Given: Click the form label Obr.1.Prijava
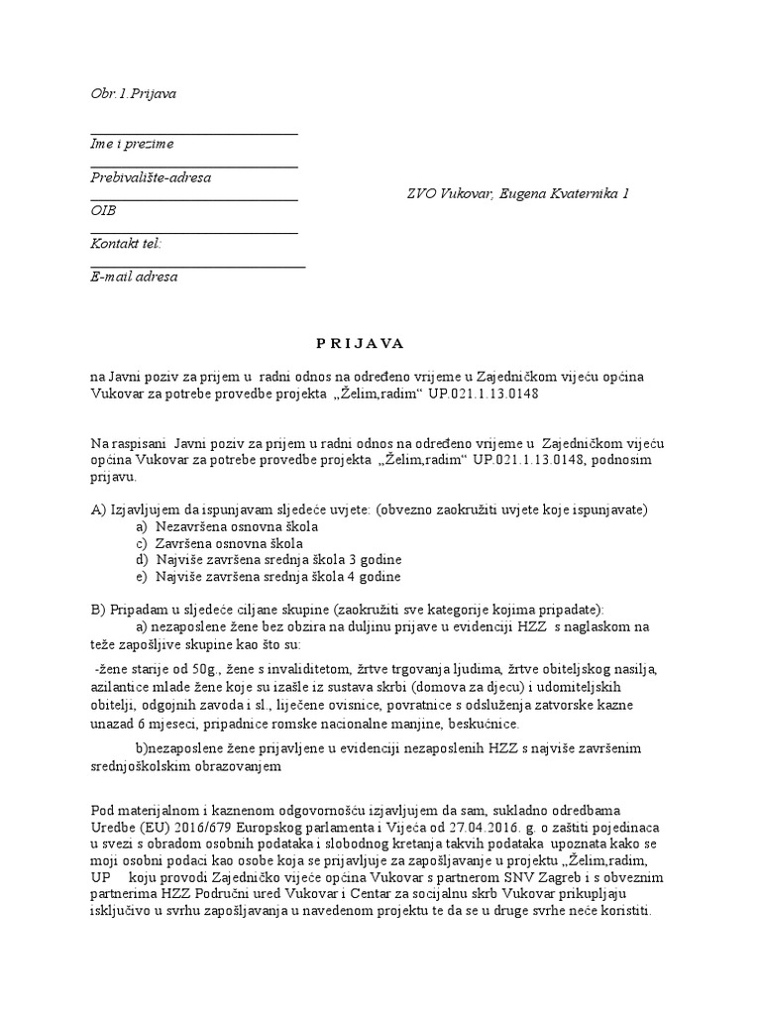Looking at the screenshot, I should coord(133,93).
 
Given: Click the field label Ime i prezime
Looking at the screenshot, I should coord(132,145).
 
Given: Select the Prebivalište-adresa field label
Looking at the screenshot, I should coord(151,178).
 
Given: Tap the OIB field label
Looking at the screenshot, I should coord(103,211).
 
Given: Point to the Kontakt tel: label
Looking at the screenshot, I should coord(126,244).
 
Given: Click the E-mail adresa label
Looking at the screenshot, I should coord(134,278).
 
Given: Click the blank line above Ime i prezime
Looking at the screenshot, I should coord(193,133).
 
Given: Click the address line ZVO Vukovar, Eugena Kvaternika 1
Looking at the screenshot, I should coord(517,194).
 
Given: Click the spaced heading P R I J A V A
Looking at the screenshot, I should coord(360,343).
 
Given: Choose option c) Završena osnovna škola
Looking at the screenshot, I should coord(215,543).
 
